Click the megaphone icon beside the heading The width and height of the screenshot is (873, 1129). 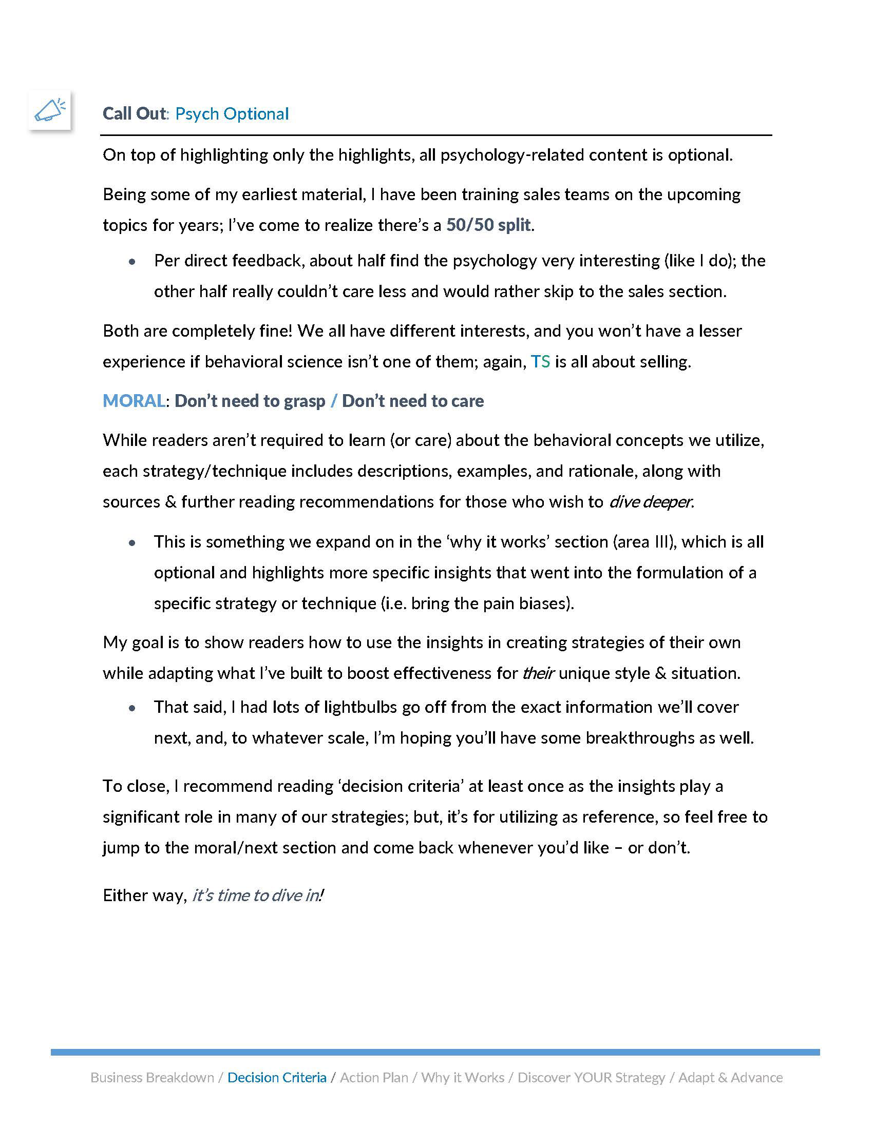click(x=50, y=110)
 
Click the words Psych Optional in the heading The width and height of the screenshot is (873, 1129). click(x=232, y=114)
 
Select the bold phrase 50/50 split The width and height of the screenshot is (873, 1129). click(x=488, y=225)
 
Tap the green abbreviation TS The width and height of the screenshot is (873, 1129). click(x=540, y=361)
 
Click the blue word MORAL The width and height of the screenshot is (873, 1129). click(x=134, y=401)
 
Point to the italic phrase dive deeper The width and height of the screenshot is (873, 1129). click(x=650, y=502)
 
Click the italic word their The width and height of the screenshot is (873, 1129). click(x=538, y=673)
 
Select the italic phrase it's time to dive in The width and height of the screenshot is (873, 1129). click(x=257, y=896)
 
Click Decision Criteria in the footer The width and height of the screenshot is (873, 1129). click(x=277, y=1077)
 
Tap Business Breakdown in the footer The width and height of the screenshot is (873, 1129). click(x=152, y=1077)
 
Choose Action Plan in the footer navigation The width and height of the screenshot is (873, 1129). click(x=374, y=1077)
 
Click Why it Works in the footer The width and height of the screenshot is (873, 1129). click(x=462, y=1077)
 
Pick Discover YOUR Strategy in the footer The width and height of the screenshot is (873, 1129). click(x=591, y=1077)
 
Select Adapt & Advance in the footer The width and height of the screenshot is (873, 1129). click(x=730, y=1077)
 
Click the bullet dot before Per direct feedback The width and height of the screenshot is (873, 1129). click(x=132, y=262)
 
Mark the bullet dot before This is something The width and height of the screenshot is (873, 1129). click(x=132, y=543)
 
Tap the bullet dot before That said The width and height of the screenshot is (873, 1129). click(x=132, y=708)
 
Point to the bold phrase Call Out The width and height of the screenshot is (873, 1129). click(x=134, y=114)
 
